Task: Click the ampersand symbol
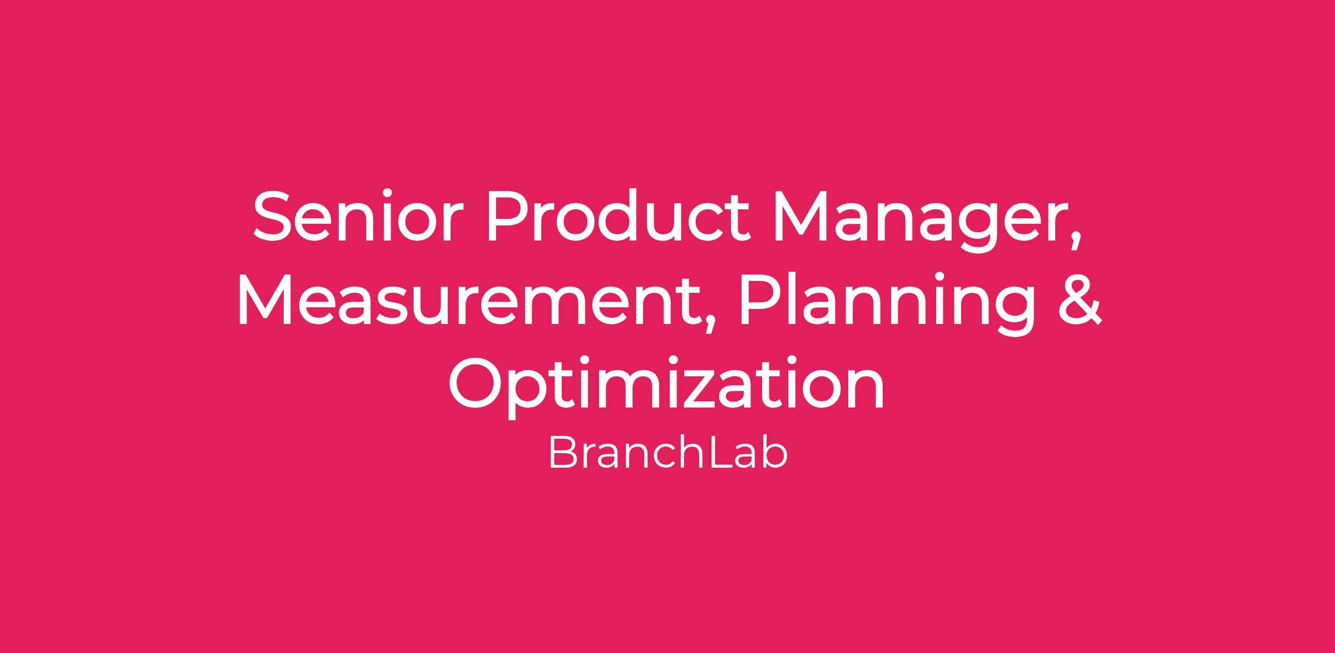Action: pos(1080,299)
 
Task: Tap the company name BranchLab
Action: pos(668,453)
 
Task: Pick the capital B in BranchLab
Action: pos(562,453)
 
